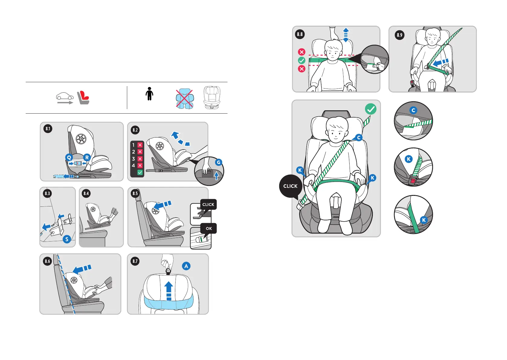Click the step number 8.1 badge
click(48, 129)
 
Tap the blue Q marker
click(69, 157)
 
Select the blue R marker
click(87, 157)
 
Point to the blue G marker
click(218, 162)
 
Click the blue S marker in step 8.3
click(67, 239)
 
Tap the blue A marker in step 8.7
click(186, 266)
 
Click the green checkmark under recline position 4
click(140, 172)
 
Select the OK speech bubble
click(209, 229)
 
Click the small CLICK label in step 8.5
click(208, 205)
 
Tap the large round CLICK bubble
click(290, 186)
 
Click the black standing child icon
click(149, 94)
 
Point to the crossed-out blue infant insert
click(185, 99)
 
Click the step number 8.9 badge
click(399, 35)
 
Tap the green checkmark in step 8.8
click(302, 60)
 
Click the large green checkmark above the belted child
click(370, 109)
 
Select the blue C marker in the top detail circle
click(413, 110)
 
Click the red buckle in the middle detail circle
click(412, 181)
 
